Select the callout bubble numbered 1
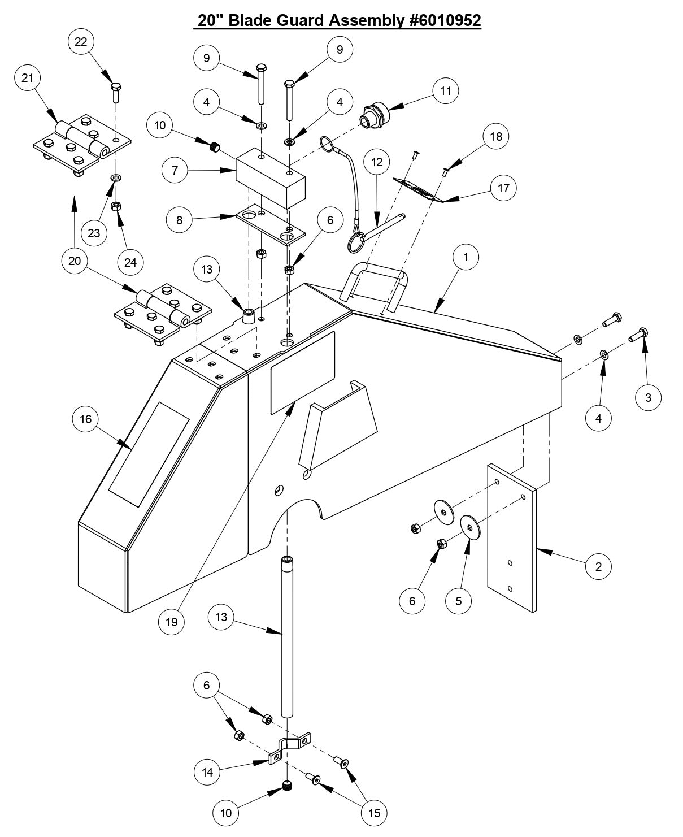pyautogui.click(x=466, y=257)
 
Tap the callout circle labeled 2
pyautogui.click(x=599, y=566)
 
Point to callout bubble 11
pyautogui.click(x=446, y=91)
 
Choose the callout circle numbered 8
pyautogui.click(x=180, y=220)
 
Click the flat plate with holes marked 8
pyautogui.click(x=270, y=224)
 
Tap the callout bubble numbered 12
pyautogui.click(x=377, y=162)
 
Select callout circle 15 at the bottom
pyautogui.click(x=374, y=813)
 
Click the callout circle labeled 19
pyautogui.click(x=172, y=622)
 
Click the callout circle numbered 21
pyautogui.click(x=28, y=79)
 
